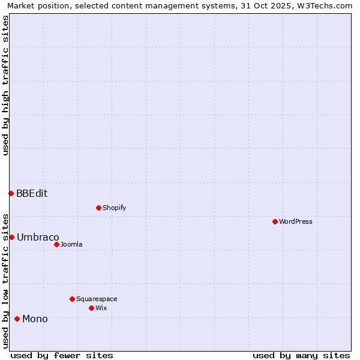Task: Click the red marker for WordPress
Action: (275, 221)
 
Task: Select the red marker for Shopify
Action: (98, 208)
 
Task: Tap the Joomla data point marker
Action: (56, 244)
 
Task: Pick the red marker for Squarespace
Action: (72, 299)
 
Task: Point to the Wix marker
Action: (91, 308)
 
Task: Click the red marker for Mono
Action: (17, 319)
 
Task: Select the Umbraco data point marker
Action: (11, 237)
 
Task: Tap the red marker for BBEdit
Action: (11, 193)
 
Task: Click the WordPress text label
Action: (296, 221)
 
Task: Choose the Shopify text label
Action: (114, 208)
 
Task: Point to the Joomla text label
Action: (71, 244)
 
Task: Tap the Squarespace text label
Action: (97, 299)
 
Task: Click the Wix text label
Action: (101, 308)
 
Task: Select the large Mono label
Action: (35, 319)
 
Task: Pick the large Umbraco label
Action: (38, 237)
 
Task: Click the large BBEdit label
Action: (32, 193)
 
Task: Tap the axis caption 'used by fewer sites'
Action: (62, 355)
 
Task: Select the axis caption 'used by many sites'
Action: (301, 355)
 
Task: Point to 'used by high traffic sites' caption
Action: (5, 85)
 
